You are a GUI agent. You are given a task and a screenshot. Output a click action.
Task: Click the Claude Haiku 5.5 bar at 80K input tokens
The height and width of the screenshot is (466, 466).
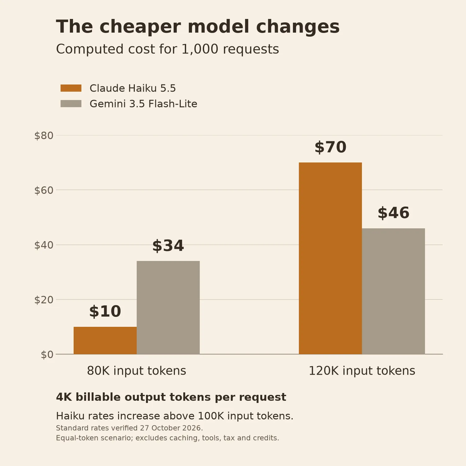point(105,340)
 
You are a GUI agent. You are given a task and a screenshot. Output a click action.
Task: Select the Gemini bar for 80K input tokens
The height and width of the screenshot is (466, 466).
point(168,308)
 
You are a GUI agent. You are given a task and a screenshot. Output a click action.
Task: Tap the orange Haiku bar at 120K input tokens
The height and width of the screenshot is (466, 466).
point(330,258)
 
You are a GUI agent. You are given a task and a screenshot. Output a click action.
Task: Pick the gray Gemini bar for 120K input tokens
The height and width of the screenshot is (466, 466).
point(393,291)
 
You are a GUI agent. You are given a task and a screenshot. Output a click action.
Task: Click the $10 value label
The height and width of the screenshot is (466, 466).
point(105,311)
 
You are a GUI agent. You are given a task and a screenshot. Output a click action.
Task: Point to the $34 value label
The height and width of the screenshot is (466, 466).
point(168,246)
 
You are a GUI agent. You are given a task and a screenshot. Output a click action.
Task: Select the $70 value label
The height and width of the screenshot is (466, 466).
point(330,147)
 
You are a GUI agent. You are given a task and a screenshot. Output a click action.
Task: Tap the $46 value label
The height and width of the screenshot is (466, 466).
point(393,213)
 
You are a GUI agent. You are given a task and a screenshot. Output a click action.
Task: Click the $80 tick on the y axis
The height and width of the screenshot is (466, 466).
point(44,135)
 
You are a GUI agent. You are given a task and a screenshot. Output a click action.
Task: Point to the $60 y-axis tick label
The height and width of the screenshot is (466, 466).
point(44,190)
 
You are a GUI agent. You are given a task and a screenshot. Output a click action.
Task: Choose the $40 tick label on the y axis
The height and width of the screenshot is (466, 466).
point(44,245)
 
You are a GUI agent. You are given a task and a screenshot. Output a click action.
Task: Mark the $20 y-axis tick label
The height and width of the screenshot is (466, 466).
point(44,300)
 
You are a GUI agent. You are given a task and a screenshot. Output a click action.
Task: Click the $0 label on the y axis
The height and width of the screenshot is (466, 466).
point(47,354)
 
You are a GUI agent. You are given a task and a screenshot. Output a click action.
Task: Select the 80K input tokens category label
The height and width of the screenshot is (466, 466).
point(137,371)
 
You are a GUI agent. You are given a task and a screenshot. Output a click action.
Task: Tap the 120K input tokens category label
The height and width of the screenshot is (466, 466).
point(362,371)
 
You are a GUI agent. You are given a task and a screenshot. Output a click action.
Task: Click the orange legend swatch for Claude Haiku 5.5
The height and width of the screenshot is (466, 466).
point(71,88)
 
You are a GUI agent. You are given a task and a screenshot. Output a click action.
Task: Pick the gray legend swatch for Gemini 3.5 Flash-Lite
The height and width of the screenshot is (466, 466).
point(71,104)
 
